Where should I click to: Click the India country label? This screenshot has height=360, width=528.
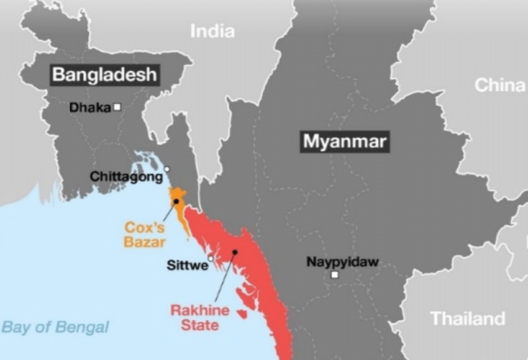tap(212, 31)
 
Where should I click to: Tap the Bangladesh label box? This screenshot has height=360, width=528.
tap(104, 75)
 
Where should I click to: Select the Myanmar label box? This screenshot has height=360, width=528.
tap(345, 142)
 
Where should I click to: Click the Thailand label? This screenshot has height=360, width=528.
tap(468, 319)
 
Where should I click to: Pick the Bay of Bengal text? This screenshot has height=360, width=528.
tap(55, 327)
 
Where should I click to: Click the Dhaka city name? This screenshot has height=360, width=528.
tap(90, 107)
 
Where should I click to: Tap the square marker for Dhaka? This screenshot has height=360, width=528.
tap(117, 107)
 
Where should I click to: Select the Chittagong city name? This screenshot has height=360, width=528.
tap(126, 176)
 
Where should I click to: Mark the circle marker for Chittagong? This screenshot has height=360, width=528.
tap(166, 168)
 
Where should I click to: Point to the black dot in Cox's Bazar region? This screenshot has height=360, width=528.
tap(176, 201)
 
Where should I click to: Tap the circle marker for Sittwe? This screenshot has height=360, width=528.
tap(211, 258)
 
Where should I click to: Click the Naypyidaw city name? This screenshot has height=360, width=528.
tap(342, 262)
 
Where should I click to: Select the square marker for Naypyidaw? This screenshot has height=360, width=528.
tap(335, 274)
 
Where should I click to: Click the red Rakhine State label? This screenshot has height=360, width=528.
tap(200, 317)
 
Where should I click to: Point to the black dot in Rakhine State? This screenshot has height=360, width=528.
tap(235, 252)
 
